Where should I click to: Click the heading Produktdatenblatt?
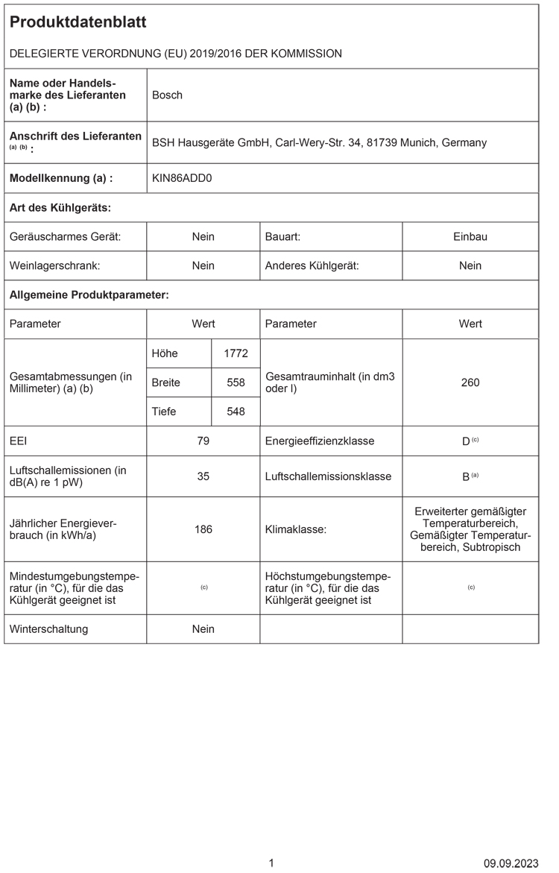click(x=78, y=22)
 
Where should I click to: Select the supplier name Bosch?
click(x=167, y=95)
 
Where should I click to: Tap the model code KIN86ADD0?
click(x=182, y=178)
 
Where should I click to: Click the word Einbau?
click(x=470, y=236)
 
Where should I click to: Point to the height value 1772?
click(x=236, y=353)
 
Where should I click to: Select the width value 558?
click(x=236, y=382)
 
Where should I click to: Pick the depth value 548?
click(x=236, y=412)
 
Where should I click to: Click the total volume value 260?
click(x=470, y=382)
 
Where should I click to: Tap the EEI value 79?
click(x=203, y=441)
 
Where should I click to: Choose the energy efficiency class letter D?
click(x=466, y=441)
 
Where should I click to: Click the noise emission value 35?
click(x=203, y=476)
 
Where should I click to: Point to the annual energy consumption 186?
click(x=203, y=529)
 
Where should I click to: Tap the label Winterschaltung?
click(x=48, y=628)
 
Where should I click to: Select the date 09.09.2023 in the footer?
click(x=511, y=863)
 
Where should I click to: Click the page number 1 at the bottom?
click(x=271, y=863)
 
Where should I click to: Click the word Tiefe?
click(x=165, y=412)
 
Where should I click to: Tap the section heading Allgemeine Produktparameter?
click(x=89, y=295)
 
